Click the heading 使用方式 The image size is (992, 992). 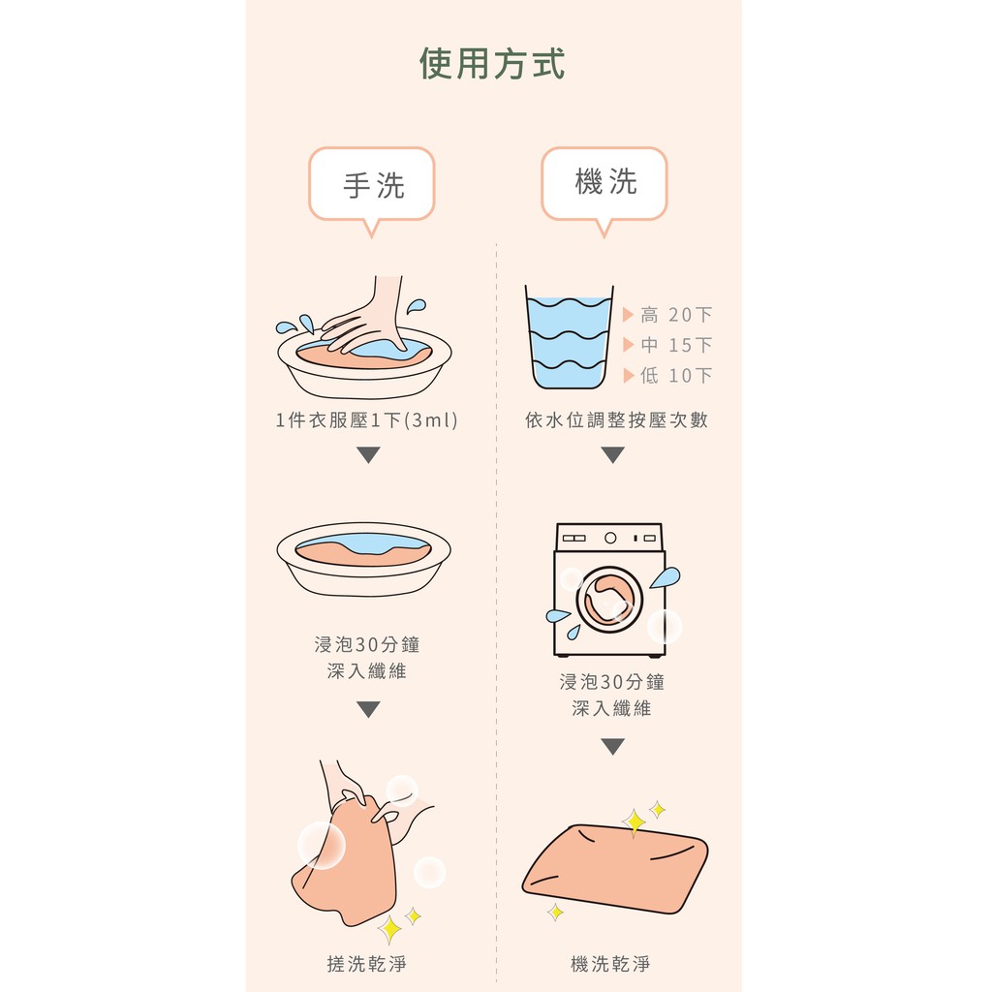pyautogui.click(x=491, y=63)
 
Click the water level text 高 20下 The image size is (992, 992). pyautogui.click(x=676, y=315)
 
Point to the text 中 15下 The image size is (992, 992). pyautogui.click(x=676, y=345)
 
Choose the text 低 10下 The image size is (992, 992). pyautogui.click(x=676, y=375)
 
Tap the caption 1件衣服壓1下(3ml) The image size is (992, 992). pyautogui.click(x=367, y=420)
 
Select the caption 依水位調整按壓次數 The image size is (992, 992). pyautogui.click(x=616, y=420)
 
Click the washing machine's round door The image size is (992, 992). pyautogui.click(x=609, y=600)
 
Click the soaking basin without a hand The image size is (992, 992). pyautogui.click(x=364, y=559)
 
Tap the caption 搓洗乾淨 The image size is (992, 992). pyautogui.click(x=367, y=964)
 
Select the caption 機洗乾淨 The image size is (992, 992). pyautogui.click(x=610, y=964)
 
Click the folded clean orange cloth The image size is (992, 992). pyautogui.click(x=615, y=869)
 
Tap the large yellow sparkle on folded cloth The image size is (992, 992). pyautogui.click(x=634, y=822)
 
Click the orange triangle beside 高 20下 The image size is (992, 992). pyautogui.click(x=628, y=315)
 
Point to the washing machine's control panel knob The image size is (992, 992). pyautogui.click(x=610, y=538)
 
